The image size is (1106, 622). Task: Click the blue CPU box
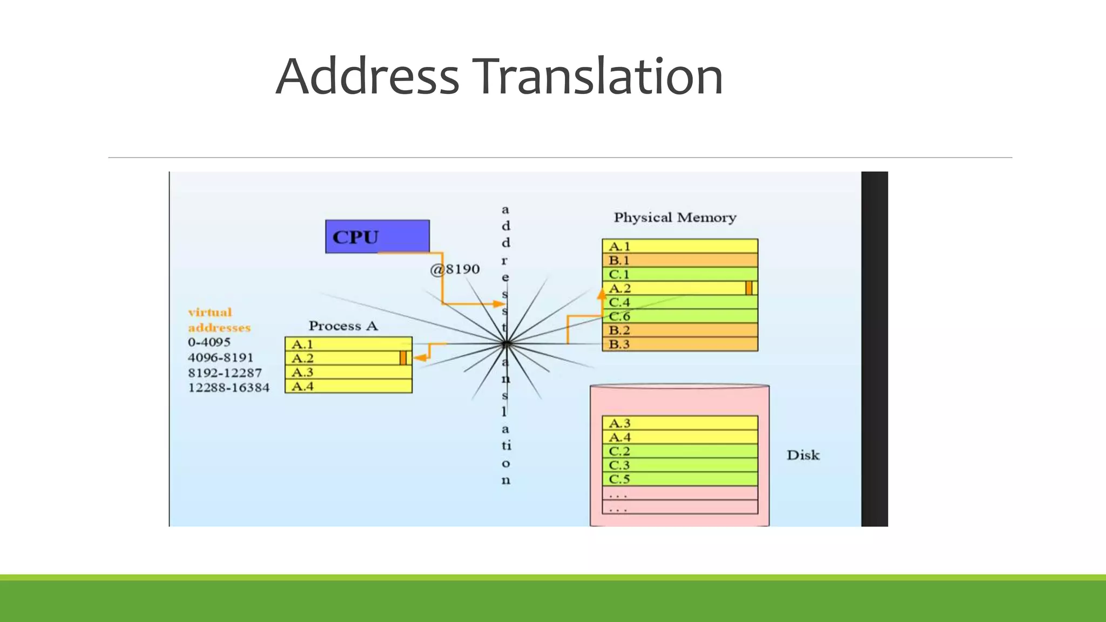377,236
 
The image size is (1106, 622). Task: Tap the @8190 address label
455,269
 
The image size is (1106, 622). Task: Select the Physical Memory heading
675,218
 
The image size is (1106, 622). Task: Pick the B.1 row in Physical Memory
679,260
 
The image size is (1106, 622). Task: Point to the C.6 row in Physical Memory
679,316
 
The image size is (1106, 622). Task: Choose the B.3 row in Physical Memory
679,344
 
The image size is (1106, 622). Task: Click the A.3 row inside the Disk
679,423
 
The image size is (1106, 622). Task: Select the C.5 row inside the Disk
679,479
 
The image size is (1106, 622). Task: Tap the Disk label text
802,455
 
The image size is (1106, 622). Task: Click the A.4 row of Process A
348,387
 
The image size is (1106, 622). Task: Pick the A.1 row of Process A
348,344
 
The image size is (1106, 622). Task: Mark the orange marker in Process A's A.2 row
403,358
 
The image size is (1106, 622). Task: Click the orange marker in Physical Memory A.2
748,288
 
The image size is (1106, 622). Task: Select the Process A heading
343,326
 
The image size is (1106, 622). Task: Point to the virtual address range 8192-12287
225,373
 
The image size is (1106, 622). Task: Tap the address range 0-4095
209,342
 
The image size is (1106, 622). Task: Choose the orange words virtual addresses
219,320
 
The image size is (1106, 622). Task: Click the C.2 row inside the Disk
679,451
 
